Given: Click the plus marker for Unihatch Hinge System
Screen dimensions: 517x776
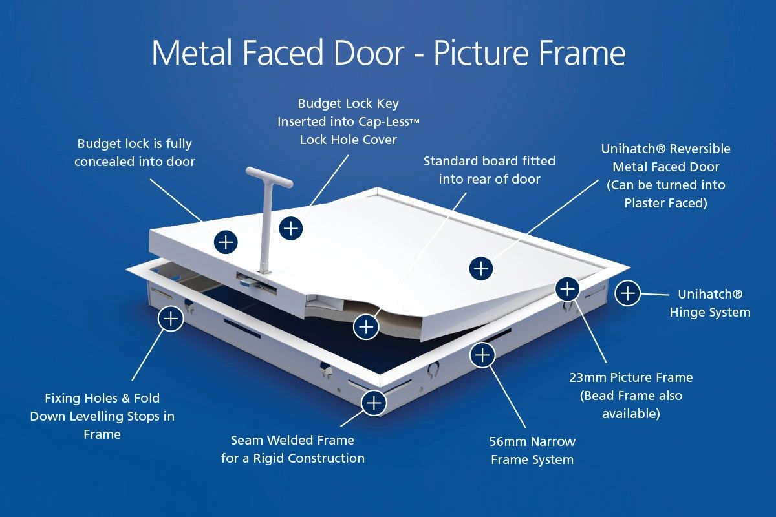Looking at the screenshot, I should point(627,293).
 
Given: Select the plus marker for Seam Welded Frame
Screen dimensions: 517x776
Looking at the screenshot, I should point(374,403).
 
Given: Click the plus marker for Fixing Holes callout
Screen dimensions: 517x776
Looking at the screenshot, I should point(170,319).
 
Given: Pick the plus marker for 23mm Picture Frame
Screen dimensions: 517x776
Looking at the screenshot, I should point(567,288).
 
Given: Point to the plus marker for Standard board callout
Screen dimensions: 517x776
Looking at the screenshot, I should point(367,326).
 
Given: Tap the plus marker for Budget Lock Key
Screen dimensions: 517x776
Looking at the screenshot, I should point(291,227).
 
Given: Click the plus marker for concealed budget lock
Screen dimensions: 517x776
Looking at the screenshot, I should point(225,242).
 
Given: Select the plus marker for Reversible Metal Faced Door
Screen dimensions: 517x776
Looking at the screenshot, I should point(481,268).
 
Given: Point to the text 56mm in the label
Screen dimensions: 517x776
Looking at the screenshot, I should point(508,442).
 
